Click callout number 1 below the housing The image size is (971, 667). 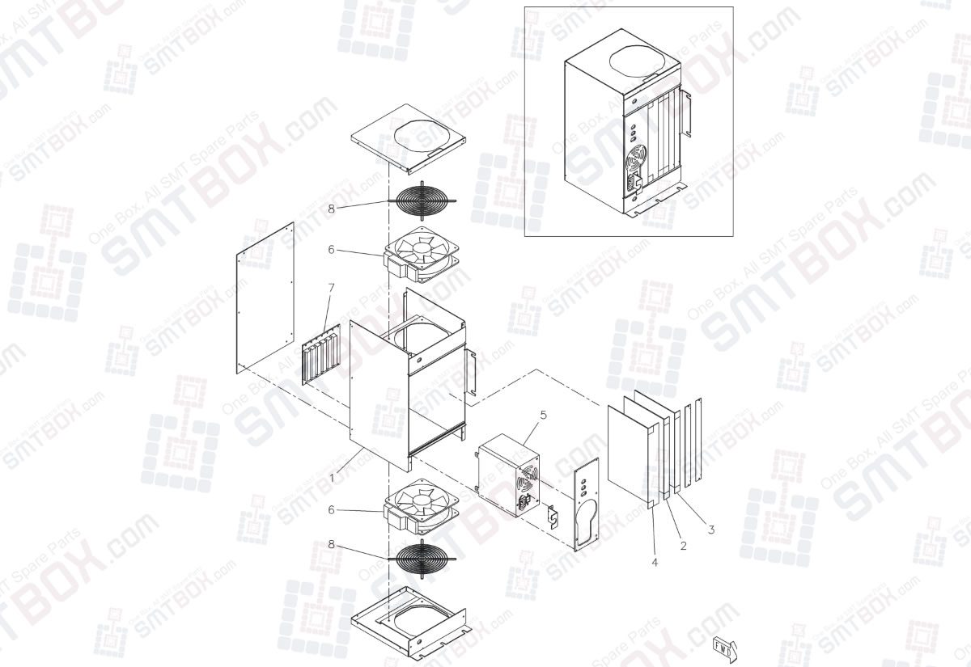pyautogui.click(x=332, y=478)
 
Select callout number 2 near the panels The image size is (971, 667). pyautogui.click(x=683, y=546)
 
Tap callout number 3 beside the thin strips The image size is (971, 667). pyautogui.click(x=710, y=530)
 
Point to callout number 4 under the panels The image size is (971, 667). pyautogui.click(x=654, y=562)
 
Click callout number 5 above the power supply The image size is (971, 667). pyautogui.click(x=543, y=415)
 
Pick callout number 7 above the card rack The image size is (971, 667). pyautogui.click(x=331, y=287)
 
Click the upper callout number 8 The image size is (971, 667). pyautogui.click(x=331, y=208)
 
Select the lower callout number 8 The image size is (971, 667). pyautogui.click(x=331, y=544)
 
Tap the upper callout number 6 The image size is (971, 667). pyautogui.click(x=331, y=250)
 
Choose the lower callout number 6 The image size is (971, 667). pyautogui.click(x=331, y=509)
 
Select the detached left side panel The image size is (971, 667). pyautogui.click(x=265, y=298)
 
